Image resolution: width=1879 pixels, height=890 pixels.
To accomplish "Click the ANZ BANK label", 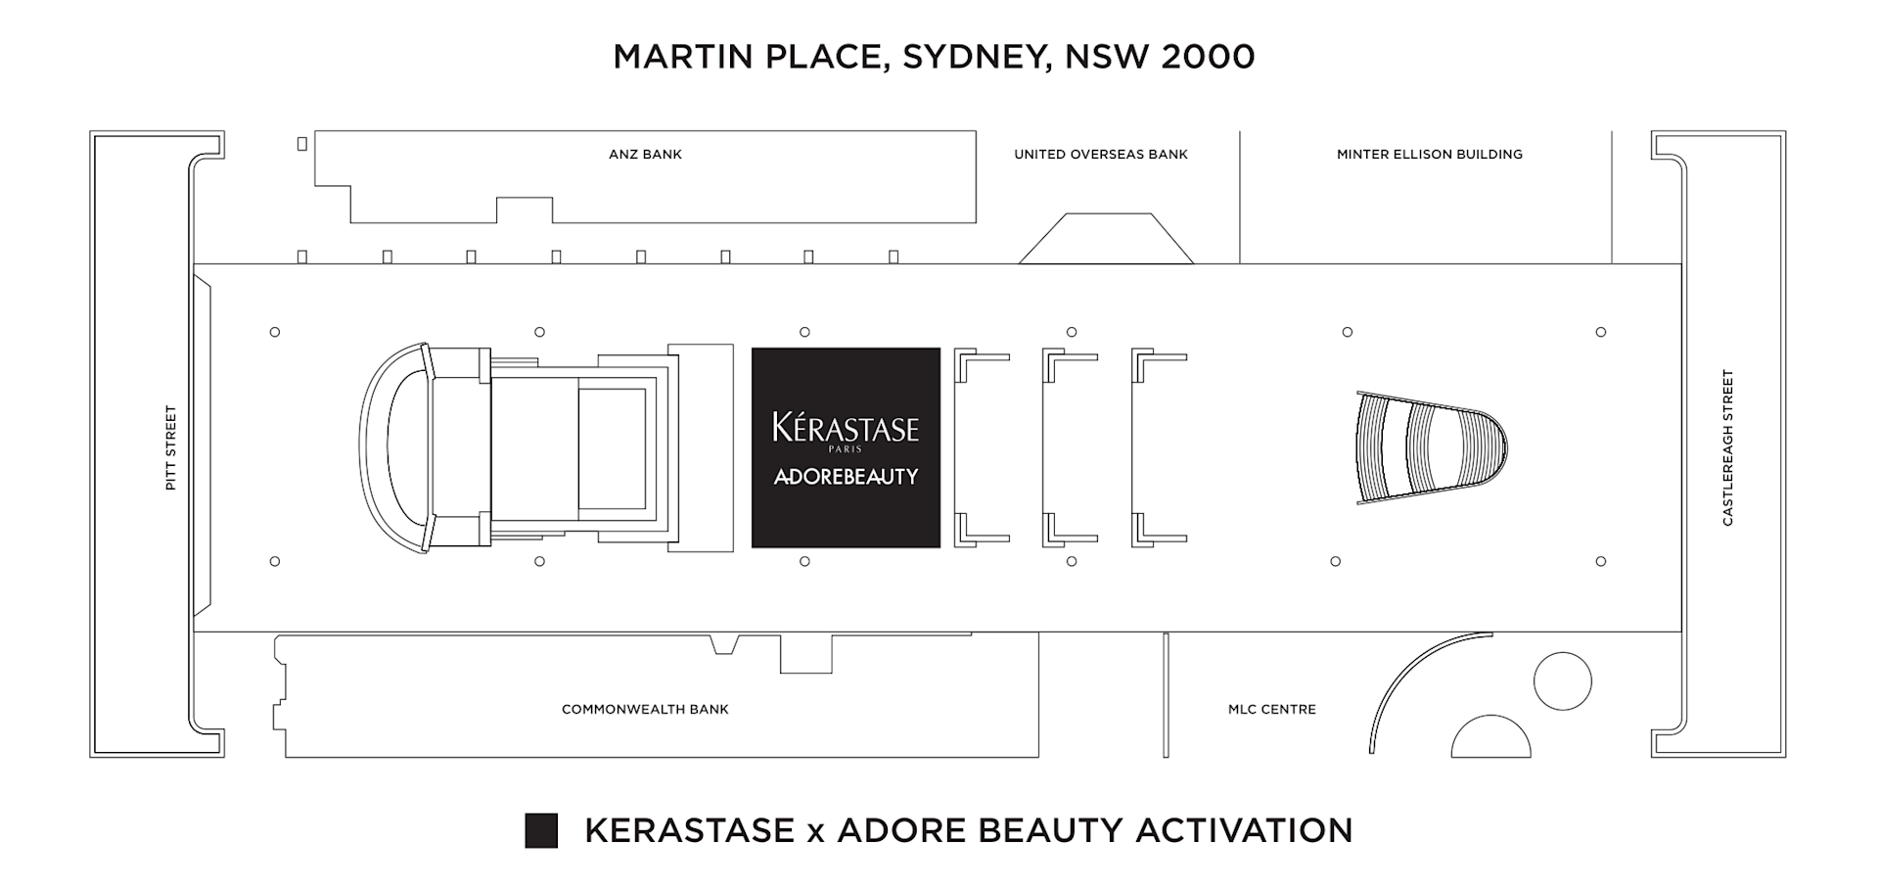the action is pyautogui.click(x=645, y=154).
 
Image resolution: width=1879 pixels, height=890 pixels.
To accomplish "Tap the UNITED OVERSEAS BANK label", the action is pyautogui.click(x=1100, y=154).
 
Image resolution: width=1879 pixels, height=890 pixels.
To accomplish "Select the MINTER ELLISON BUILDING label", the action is pyautogui.click(x=1429, y=154).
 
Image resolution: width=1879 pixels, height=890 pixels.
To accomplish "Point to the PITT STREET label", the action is pyautogui.click(x=171, y=447).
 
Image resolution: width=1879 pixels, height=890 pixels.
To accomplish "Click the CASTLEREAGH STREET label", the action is pyautogui.click(x=1727, y=447).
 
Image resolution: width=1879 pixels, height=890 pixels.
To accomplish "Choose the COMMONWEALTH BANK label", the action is pyautogui.click(x=645, y=709).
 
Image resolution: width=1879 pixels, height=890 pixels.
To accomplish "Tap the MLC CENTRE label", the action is pyautogui.click(x=1272, y=709).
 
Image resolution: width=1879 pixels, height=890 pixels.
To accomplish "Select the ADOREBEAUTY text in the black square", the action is pyautogui.click(x=846, y=477).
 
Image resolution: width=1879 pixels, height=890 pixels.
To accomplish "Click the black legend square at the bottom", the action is pyautogui.click(x=541, y=830).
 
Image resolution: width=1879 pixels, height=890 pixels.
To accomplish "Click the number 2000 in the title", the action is pyautogui.click(x=1208, y=56).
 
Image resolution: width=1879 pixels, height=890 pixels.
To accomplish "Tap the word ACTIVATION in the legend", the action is pyautogui.click(x=1244, y=830).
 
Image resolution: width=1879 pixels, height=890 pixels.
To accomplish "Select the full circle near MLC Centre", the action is pyautogui.click(x=1563, y=681).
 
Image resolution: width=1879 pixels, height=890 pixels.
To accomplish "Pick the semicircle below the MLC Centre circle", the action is pyautogui.click(x=1490, y=740).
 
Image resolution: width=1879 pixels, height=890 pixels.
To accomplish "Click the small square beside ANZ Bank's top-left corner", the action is pyautogui.click(x=302, y=144).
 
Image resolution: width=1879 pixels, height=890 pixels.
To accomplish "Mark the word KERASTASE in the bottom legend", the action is pyautogui.click(x=689, y=830).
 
